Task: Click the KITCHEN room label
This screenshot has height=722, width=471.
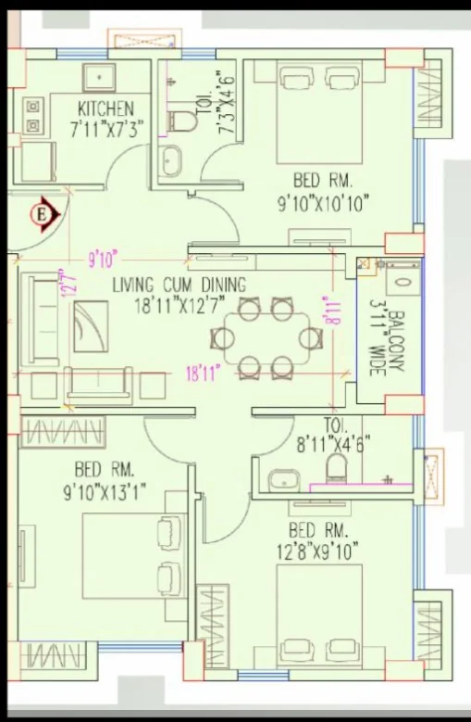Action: coord(105,109)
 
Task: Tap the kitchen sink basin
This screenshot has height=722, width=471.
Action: coord(99,78)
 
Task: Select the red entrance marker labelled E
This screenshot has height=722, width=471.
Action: coord(45,214)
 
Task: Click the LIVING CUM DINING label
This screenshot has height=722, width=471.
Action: coord(180,285)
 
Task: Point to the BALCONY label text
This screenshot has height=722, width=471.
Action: coord(397,341)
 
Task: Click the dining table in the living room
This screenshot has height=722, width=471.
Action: coord(267,338)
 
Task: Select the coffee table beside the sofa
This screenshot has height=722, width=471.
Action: coord(91,326)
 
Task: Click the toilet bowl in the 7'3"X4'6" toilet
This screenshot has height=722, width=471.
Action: coord(181,121)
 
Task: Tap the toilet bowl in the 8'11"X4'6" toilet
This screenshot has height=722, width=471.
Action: coord(337,468)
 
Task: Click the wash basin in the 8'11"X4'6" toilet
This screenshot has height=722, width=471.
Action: coord(284,480)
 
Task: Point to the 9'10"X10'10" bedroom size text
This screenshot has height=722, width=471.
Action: coord(323,203)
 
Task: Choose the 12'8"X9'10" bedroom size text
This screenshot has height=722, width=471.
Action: coord(317,551)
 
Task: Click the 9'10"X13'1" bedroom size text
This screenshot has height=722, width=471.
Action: coord(105,493)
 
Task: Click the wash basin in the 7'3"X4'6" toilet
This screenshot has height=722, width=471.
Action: coord(172,160)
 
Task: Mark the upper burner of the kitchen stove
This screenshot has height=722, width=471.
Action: coord(32,107)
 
